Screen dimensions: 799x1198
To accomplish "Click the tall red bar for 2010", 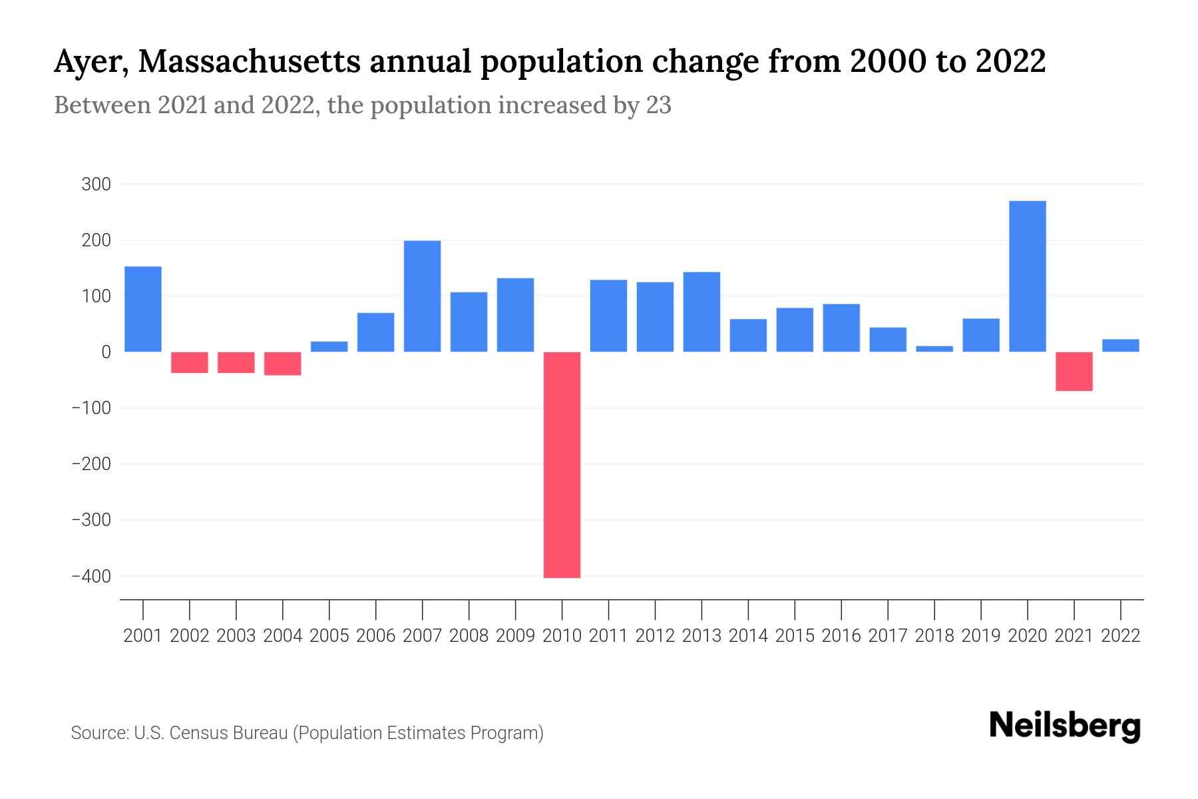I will pyautogui.click(x=562, y=464).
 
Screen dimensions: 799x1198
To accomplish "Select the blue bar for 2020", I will pyautogui.click(x=1027, y=276).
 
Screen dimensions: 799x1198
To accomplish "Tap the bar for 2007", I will pyautogui.click(x=422, y=296).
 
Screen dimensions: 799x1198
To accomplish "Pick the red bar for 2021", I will pyautogui.click(x=1074, y=371).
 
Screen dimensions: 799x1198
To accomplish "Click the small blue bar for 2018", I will pyautogui.click(x=934, y=348).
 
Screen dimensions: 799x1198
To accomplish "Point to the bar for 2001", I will pyautogui.click(x=143, y=309).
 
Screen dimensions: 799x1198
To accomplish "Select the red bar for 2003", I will pyautogui.click(x=236, y=362).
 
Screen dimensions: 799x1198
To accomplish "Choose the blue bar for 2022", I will pyautogui.click(x=1120, y=346).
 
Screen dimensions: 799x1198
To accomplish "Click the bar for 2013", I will pyautogui.click(x=701, y=312).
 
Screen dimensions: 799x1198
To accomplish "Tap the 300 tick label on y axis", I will pyautogui.click(x=96, y=184).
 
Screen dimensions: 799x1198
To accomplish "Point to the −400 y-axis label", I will pyautogui.click(x=91, y=577).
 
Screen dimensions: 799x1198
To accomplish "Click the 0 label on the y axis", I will pyautogui.click(x=106, y=352).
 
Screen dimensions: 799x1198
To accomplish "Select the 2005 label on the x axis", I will pyautogui.click(x=329, y=636).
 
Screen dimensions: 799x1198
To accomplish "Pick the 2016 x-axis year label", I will pyautogui.click(x=841, y=636).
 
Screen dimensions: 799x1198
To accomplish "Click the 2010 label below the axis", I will pyautogui.click(x=562, y=636).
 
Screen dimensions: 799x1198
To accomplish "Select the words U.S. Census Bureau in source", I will pyautogui.click(x=210, y=733).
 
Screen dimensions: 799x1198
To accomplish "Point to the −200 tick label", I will pyautogui.click(x=91, y=464).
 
